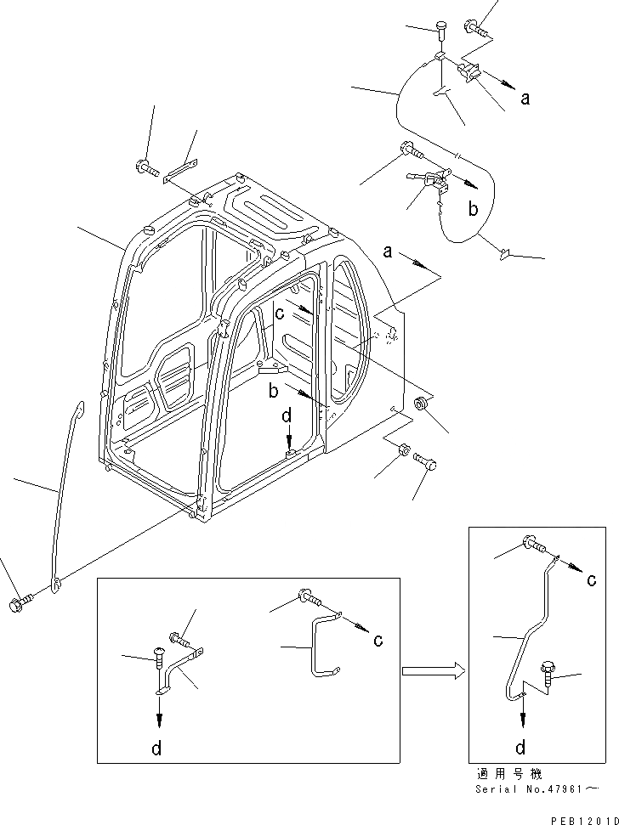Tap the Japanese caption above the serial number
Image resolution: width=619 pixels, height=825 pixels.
click(x=514, y=775)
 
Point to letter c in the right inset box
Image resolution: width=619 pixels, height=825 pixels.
click(x=590, y=580)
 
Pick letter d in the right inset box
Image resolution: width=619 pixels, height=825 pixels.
click(x=520, y=747)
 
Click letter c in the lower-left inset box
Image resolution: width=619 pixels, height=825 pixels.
click(x=377, y=640)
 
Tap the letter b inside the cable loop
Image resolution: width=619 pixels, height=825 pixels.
click(x=474, y=208)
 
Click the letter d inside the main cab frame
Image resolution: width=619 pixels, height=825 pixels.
click(x=287, y=417)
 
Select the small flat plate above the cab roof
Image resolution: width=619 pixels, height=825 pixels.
click(x=181, y=169)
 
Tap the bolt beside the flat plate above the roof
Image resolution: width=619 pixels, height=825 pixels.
click(x=145, y=167)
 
